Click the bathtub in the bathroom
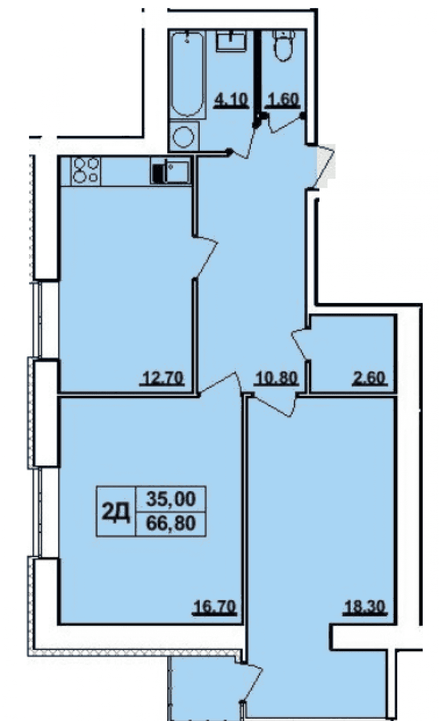(187, 75)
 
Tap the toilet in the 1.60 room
(283, 45)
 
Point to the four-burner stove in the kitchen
(86, 171)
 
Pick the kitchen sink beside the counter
(176, 172)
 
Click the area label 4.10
(232, 100)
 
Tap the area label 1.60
(282, 100)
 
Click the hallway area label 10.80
(276, 378)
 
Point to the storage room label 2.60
(369, 378)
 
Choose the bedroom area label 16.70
(215, 607)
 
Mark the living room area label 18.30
(365, 607)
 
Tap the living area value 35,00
(171, 499)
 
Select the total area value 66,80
(171, 523)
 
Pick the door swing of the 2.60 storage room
(299, 344)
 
